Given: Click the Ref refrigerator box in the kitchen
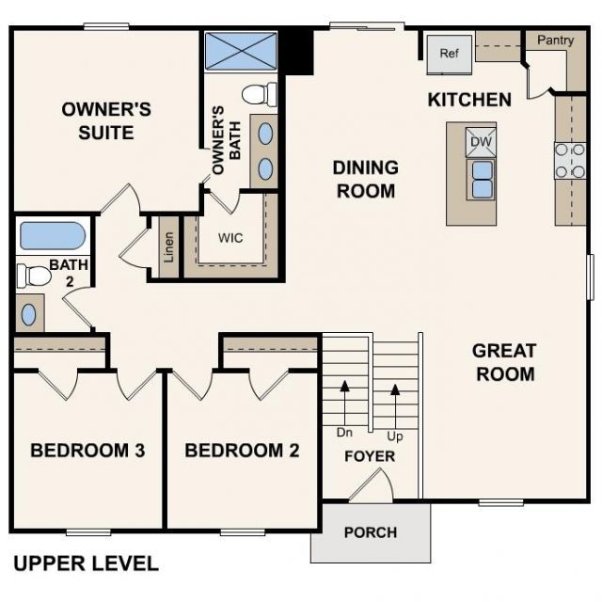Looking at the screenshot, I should click(x=449, y=54).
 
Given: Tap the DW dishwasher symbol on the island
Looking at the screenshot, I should click(x=481, y=142).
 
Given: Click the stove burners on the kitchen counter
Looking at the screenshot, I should click(x=570, y=160).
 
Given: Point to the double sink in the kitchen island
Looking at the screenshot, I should click(x=482, y=178).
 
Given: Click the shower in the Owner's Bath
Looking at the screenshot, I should click(x=240, y=51).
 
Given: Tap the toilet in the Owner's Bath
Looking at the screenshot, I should click(x=259, y=94).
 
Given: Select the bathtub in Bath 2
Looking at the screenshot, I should click(x=53, y=235).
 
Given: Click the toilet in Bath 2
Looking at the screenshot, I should click(x=34, y=276).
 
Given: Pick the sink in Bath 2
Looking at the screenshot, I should click(x=30, y=312).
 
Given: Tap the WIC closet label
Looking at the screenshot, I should click(x=230, y=238).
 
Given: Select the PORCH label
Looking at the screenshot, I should click(x=370, y=532).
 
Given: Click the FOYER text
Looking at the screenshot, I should click(x=369, y=457).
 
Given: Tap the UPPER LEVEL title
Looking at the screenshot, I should click(x=86, y=564).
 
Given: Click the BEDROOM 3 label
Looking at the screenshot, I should click(x=87, y=451).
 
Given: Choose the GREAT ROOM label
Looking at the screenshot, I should click(x=504, y=362).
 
